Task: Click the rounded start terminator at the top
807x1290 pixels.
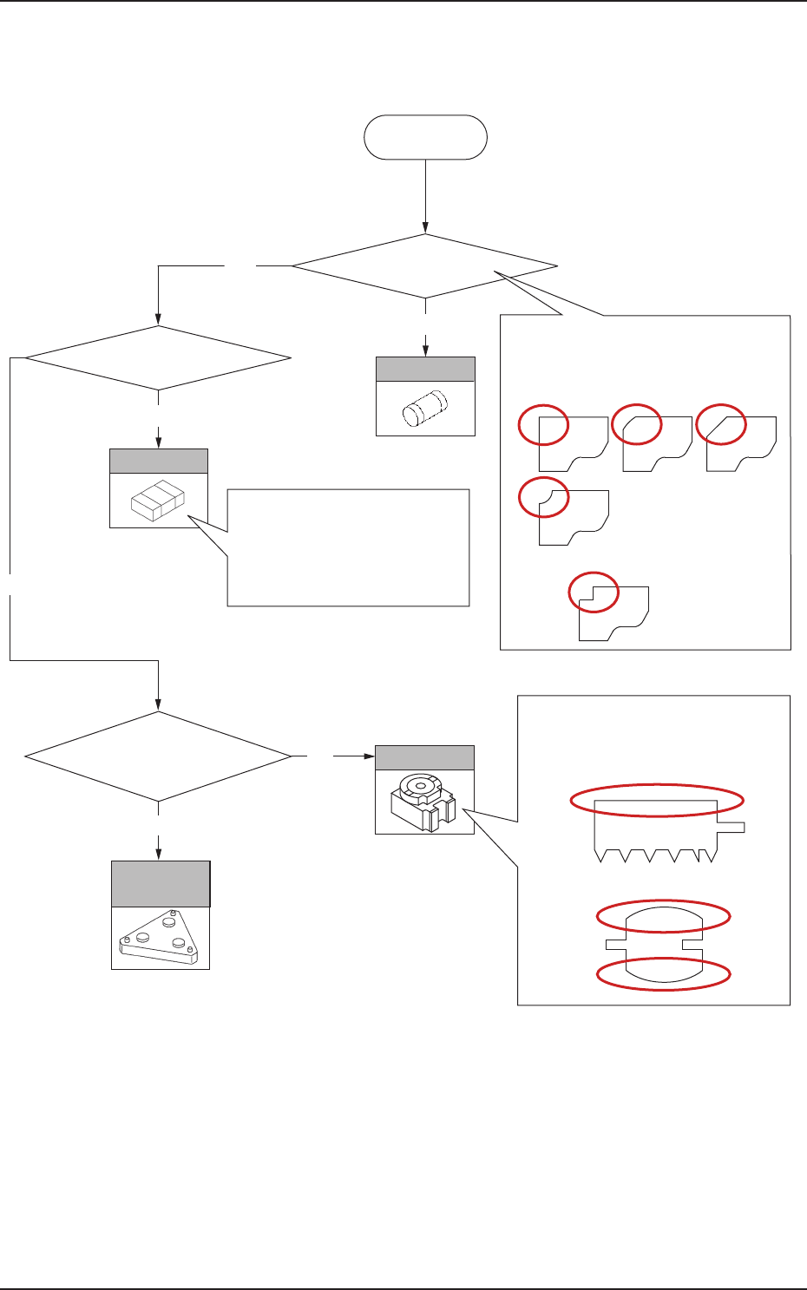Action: pos(425,137)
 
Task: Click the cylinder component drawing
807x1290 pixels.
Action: pos(424,408)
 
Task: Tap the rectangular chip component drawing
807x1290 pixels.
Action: pos(158,501)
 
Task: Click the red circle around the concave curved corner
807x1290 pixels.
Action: pos(543,498)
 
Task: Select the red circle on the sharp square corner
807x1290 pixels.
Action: pos(543,425)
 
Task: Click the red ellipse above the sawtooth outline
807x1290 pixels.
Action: pos(657,801)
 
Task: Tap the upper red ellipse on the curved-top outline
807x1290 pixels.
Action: pos(665,915)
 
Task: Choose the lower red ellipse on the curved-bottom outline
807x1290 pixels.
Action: pos(665,973)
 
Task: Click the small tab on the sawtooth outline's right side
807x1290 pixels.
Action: pos(732,827)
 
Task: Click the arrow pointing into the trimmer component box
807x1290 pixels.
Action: pos(356,756)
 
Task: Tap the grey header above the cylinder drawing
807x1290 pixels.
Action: pos(425,370)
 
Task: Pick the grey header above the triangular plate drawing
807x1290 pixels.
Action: pos(161,884)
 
